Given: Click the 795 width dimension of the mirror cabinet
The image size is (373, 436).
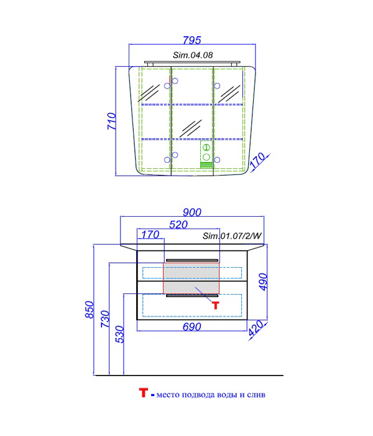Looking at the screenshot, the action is click(191, 40).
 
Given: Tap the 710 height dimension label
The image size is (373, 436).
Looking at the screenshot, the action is click(112, 121).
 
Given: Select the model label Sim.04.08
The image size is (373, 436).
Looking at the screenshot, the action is click(193, 55).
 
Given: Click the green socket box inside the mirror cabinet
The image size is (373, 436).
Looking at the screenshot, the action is click(206, 154).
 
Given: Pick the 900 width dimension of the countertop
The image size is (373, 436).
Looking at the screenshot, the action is click(191, 212).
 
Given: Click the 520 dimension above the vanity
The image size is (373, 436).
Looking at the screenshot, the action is click(178, 224).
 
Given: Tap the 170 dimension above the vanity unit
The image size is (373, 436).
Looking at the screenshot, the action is click(150, 235).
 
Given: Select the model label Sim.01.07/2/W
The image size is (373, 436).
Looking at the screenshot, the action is click(232, 236).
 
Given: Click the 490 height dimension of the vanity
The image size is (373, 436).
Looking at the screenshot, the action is click(264, 282).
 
